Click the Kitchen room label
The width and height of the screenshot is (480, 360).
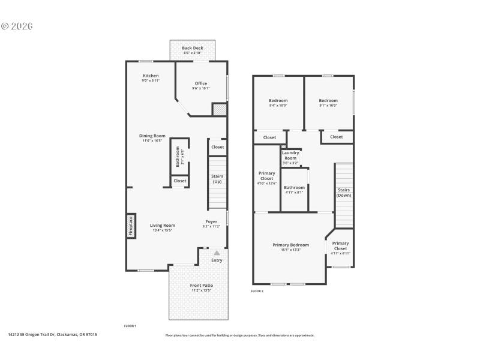click(x=151, y=76)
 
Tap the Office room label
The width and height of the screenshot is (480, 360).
click(x=201, y=83)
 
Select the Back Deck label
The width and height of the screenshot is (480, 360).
click(x=193, y=48)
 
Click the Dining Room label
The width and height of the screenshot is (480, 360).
click(x=153, y=136)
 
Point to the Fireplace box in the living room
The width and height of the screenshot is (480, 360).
click(x=131, y=225)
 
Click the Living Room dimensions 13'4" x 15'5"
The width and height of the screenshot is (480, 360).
click(x=162, y=230)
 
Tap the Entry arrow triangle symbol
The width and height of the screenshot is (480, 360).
click(x=217, y=253)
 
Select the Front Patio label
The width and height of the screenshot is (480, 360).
click(x=202, y=285)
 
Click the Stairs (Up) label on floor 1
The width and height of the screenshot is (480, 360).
click(x=217, y=179)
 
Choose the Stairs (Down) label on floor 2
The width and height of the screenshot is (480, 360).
click(x=344, y=192)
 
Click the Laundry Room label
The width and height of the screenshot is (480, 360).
click(x=290, y=155)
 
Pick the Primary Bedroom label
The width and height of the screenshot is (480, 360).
click(x=290, y=245)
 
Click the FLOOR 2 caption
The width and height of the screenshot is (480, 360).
click(x=257, y=291)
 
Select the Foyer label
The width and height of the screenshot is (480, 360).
click(x=212, y=221)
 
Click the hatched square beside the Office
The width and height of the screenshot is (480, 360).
click(x=220, y=109)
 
